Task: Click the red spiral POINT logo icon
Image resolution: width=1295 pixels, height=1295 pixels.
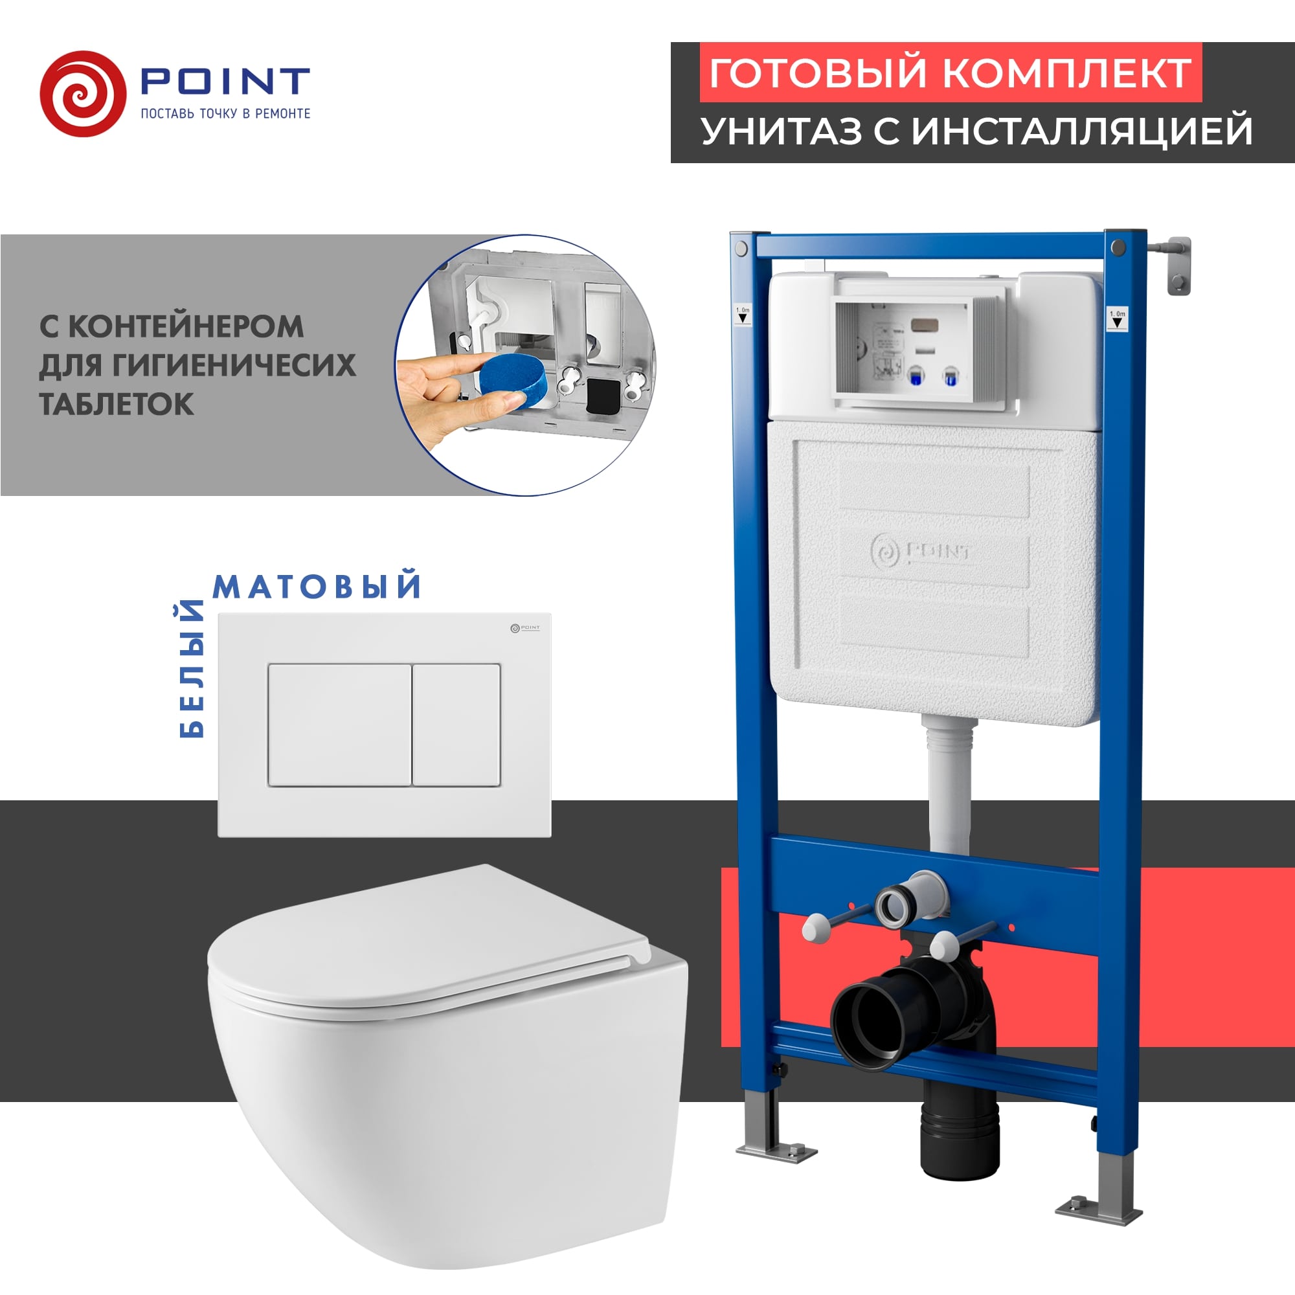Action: coord(82,94)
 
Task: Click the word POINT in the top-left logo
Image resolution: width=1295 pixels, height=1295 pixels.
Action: coord(225,82)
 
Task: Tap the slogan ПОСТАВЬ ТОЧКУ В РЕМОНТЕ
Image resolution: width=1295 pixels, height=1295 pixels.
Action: coord(225,114)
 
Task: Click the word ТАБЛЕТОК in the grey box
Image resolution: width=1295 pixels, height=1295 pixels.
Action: coord(117,404)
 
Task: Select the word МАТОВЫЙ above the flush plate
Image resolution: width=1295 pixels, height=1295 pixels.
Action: coord(317,587)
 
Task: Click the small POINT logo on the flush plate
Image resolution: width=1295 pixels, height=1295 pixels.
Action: coord(525,628)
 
